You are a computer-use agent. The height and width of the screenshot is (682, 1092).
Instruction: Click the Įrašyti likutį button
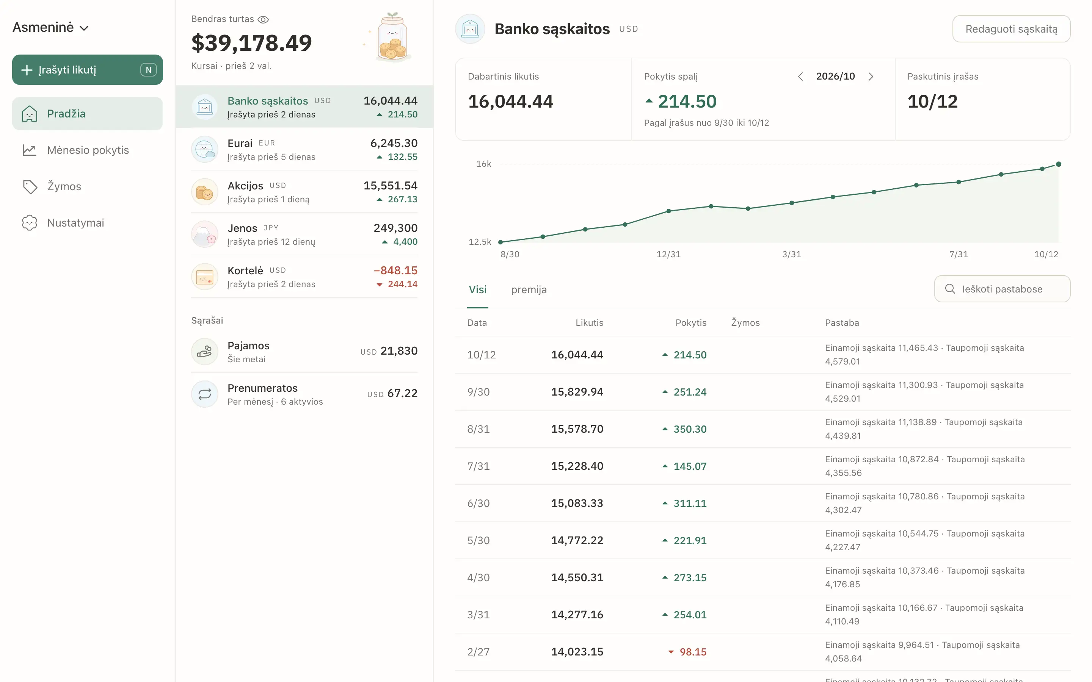click(87, 70)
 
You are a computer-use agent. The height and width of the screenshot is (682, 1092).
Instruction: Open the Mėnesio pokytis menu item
click(87, 150)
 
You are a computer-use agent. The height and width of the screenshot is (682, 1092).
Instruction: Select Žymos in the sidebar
click(87, 186)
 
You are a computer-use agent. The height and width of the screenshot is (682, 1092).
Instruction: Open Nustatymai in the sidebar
click(87, 223)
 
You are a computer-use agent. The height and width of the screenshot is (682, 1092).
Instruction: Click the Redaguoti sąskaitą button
click(1011, 29)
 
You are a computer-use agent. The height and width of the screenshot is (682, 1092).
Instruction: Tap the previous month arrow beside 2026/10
click(800, 77)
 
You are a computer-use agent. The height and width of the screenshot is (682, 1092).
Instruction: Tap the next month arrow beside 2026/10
click(871, 77)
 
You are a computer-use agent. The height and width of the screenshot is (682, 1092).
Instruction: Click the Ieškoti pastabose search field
click(1002, 289)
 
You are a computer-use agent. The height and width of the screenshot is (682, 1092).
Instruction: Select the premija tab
click(529, 289)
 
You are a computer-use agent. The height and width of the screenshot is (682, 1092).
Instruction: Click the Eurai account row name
click(240, 144)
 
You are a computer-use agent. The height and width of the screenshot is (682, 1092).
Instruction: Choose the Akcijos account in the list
click(304, 192)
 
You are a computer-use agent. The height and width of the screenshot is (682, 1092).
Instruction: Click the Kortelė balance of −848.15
click(395, 271)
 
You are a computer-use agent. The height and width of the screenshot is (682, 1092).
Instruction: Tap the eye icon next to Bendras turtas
click(263, 19)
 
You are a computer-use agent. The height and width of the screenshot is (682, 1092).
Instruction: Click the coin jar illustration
click(392, 37)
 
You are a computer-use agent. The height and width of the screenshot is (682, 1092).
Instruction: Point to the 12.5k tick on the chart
click(480, 242)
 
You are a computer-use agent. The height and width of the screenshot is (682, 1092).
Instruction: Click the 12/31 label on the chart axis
click(668, 254)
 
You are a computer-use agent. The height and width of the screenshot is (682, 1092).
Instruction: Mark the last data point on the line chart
click(1059, 164)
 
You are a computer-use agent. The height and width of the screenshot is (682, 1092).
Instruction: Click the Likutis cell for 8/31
click(577, 429)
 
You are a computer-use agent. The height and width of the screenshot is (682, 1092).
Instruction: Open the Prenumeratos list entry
click(304, 394)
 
